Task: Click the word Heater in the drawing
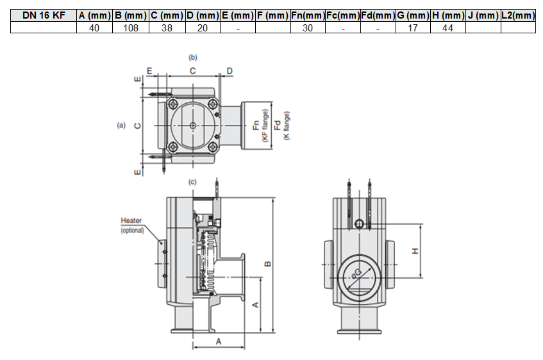tap(131, 221)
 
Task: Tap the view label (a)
tap(121, 126)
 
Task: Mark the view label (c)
tap(192, 182)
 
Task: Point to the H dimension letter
tap(415, 251)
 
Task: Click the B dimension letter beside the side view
tap(269, 263)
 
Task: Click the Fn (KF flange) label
tap(260, 126)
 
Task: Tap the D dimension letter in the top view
tap(230, 70)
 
